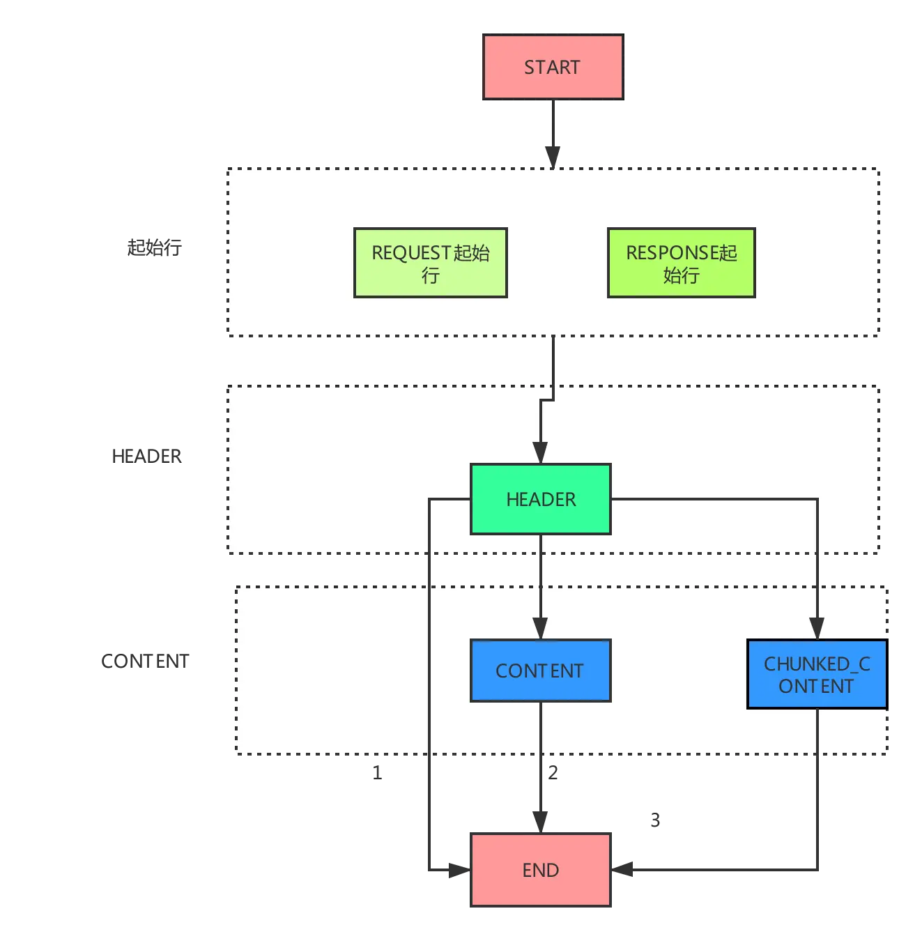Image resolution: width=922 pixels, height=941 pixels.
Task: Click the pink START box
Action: point(553,67)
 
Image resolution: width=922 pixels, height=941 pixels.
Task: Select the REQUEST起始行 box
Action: point(430,262)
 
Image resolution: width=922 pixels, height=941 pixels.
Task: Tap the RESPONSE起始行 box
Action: point(681,262)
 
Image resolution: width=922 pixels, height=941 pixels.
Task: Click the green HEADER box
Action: point(540,498)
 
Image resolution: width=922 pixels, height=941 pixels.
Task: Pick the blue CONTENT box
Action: point(540,670)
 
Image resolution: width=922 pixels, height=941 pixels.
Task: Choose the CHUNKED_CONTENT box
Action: point(817,673)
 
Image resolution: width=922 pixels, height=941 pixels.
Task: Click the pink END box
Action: point(540,869)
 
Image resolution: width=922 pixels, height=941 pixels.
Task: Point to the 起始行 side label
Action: point(154,247)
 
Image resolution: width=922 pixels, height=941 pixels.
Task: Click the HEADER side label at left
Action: point(146,456)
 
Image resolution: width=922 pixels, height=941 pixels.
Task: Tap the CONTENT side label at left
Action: point(144,661)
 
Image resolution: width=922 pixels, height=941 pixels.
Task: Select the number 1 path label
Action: point(377,772)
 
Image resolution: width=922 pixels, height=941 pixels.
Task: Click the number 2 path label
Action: point(553,772)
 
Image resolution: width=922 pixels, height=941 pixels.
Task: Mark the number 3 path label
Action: point(655,820)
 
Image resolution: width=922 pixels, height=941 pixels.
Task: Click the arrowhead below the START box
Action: point(553,158)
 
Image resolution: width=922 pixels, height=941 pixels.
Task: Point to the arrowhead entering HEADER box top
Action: point(539,452)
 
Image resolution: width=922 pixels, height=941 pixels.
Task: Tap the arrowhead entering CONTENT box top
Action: point(539,628)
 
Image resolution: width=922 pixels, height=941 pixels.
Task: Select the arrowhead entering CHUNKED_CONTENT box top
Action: point(817,628)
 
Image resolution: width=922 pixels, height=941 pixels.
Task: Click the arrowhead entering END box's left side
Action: point(459,870)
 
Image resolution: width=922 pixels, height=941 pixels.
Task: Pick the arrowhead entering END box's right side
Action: point(622,869)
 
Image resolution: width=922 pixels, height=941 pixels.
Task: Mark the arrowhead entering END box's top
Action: point(539,823)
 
